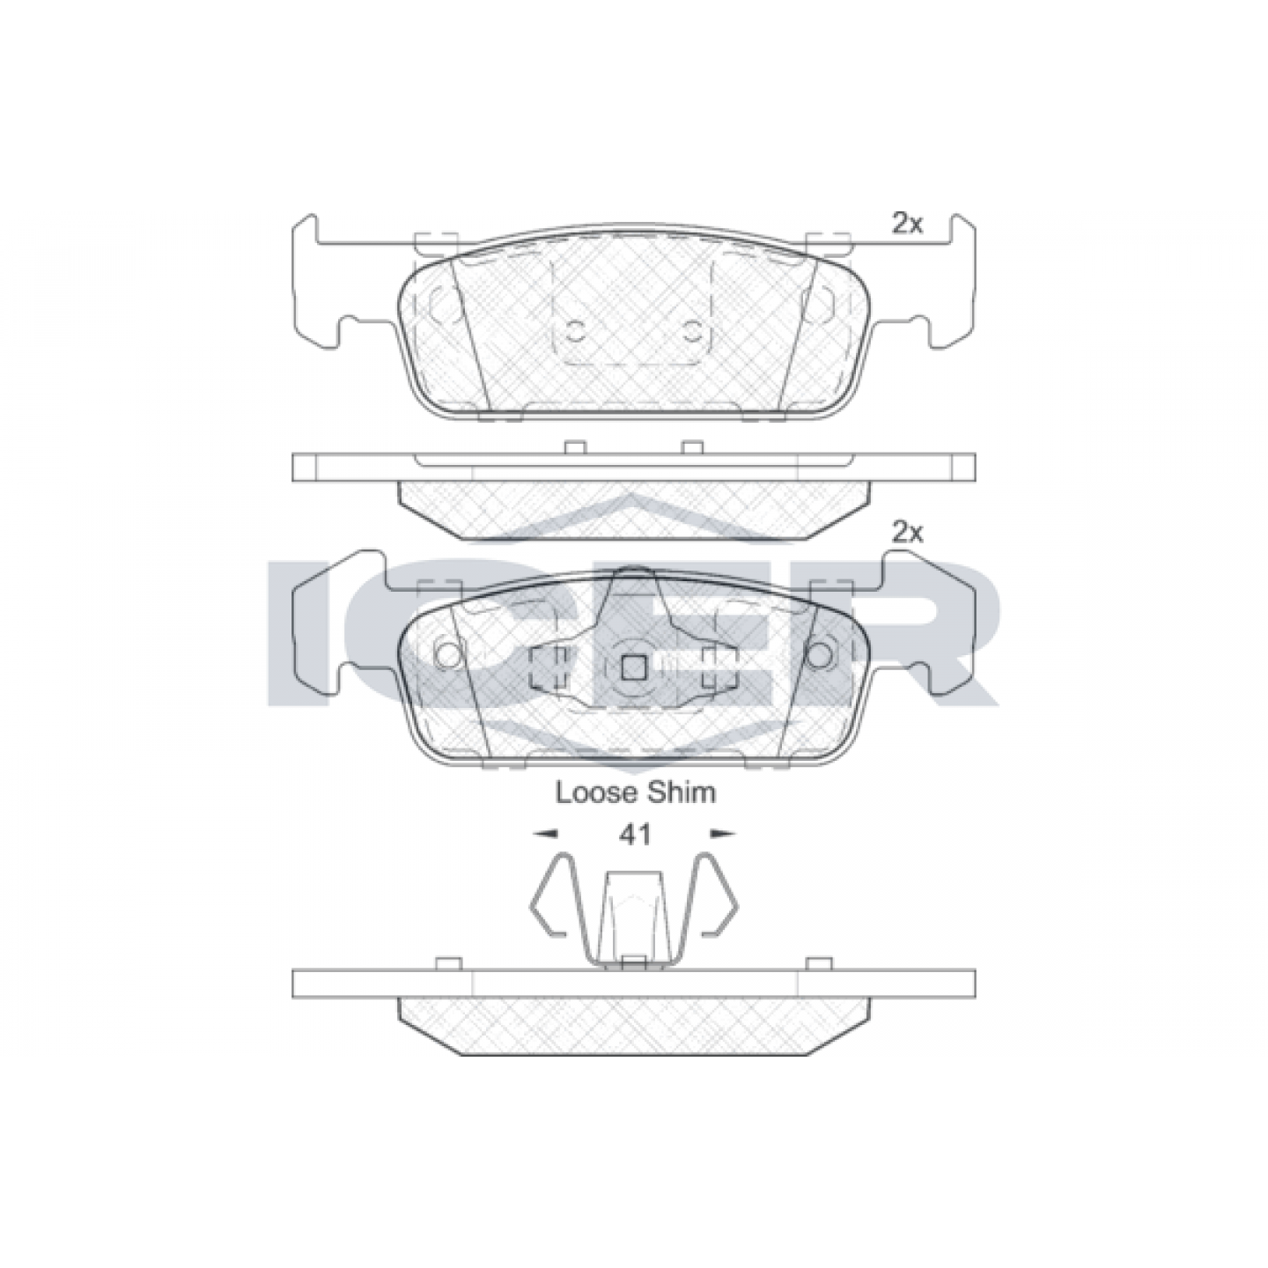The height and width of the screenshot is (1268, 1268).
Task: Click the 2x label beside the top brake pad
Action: pos(907,225)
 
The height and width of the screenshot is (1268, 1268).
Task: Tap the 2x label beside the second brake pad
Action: pos(907,551)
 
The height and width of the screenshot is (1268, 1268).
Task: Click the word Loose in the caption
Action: pos(595,792)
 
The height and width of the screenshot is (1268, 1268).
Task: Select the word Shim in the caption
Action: pos(679,792)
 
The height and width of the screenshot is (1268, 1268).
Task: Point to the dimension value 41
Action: pos(634,835)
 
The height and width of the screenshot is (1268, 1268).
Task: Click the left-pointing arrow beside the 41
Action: pos(545,834)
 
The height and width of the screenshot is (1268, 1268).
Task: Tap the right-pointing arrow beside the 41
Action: pos(723,834)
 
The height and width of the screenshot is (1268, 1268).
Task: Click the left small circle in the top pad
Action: pos(576,332)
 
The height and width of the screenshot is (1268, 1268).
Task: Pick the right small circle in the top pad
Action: pos(691,332)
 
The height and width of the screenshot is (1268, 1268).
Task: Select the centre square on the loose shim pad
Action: pos(634,667)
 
